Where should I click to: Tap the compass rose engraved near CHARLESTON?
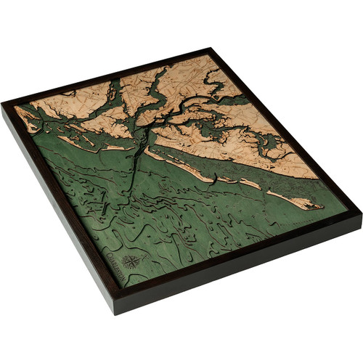pyautogui.click(x=133, y=261)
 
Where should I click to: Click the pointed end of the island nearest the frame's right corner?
pyautogui.click(x=319, y=207)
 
